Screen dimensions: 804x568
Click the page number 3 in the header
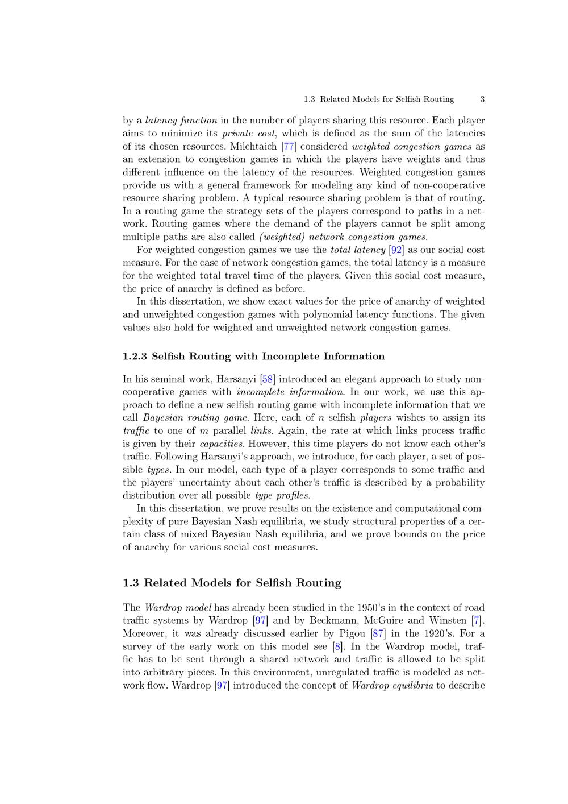(482, 100)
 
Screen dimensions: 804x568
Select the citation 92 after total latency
(396, 250)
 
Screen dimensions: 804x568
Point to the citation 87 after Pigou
(378, 634)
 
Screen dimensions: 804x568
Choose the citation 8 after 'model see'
(338, 647)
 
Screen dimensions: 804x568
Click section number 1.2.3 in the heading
(135, 357)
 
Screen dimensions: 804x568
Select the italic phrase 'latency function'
(181, 121)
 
